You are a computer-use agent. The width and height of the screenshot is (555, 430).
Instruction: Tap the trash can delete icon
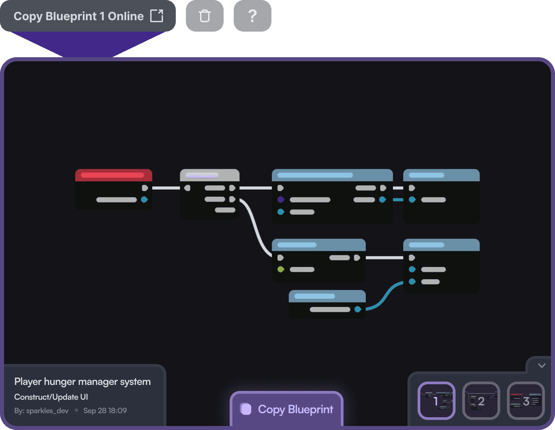tap(205, 16)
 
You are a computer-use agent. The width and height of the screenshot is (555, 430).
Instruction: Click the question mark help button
tap(252, 16)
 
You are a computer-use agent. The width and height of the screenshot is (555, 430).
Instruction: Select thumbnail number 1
tap(436, 400)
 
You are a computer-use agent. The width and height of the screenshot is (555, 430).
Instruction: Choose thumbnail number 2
tap(481, 400)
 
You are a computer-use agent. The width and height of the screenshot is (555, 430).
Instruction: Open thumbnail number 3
tap(525, 400)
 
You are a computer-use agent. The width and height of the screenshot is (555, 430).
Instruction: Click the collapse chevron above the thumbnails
tap(542, 365)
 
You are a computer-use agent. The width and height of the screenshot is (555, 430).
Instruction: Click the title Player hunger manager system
tap(83, 382)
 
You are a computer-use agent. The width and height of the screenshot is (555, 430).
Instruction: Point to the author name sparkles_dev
tap(47, 410)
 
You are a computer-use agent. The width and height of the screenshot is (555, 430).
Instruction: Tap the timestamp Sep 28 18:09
tap(105, 410)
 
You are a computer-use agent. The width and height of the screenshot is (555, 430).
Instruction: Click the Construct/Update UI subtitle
tap(51, 397)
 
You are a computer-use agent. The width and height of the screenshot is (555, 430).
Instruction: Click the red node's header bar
tap(113, 175)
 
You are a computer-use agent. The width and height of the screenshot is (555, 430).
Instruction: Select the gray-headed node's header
tap(209, 175)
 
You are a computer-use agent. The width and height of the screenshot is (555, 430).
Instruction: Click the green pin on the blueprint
tap(281, 269)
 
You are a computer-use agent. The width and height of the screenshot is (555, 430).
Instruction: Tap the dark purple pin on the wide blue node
tap(281, 200)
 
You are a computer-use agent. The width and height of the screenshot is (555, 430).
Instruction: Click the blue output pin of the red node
tap(144, 200)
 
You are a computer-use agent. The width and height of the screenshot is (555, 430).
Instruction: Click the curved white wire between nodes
tap(256, 229)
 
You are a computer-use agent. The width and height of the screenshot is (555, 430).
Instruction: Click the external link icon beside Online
tap(157, 16)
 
